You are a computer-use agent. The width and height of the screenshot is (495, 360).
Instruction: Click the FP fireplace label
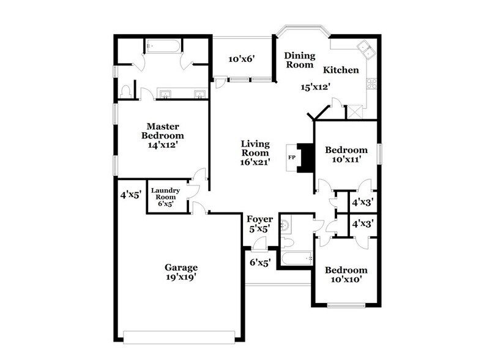coord(292,157)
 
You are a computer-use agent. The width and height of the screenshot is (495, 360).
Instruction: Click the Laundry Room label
coord(165,193)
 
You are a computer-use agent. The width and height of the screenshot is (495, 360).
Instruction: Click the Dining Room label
coord(299,60)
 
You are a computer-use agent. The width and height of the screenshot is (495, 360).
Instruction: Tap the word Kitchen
coord(341,70)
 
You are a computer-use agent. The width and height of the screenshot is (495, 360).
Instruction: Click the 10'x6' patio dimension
coord(241,59)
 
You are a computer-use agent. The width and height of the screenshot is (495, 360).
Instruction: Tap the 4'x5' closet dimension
coord(131,195)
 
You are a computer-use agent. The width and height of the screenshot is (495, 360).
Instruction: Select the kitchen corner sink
coord(367,48)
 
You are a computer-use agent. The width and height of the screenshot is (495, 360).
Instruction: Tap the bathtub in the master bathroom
coord(162,46)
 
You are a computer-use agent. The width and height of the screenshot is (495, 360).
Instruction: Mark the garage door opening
coord(179,336)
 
